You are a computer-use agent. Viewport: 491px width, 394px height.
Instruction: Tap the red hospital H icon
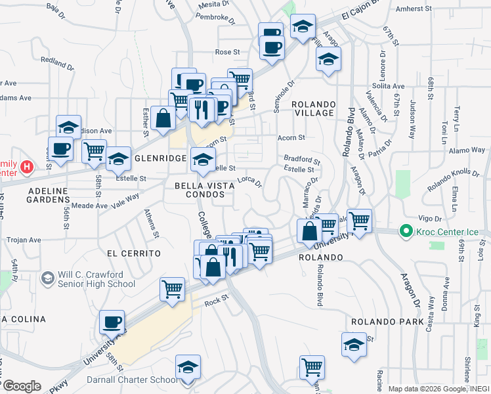coord(27,167)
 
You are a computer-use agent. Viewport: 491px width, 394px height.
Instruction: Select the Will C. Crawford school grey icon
coord(47,279)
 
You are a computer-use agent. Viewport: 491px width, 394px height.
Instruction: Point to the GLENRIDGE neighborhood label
coord(160,159)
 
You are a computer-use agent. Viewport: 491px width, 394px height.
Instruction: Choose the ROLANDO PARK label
coord(381,322)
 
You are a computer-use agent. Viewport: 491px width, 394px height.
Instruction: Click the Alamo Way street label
coord(467,150)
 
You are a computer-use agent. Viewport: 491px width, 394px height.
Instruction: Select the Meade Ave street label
coord(93,206)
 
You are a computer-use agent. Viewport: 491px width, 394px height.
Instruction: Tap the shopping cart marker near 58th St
coord(94,150)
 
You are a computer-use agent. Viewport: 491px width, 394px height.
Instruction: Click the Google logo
coord(22,386)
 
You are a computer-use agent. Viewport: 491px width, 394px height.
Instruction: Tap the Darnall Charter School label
coord(131,380)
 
